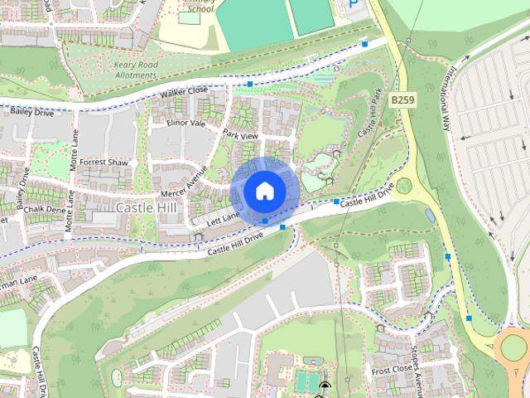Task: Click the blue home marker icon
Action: [x=264, y=191]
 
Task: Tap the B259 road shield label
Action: [x=402, y=99]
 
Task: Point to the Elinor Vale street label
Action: [x=185, y=123]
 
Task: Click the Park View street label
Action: [x=240, y=135]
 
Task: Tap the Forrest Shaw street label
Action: [x=104, y=163]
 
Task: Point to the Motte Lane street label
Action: [x=74, y=154]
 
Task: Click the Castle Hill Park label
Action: [x=374, y=116]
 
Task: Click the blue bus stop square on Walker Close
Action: [x=250, y=85]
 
